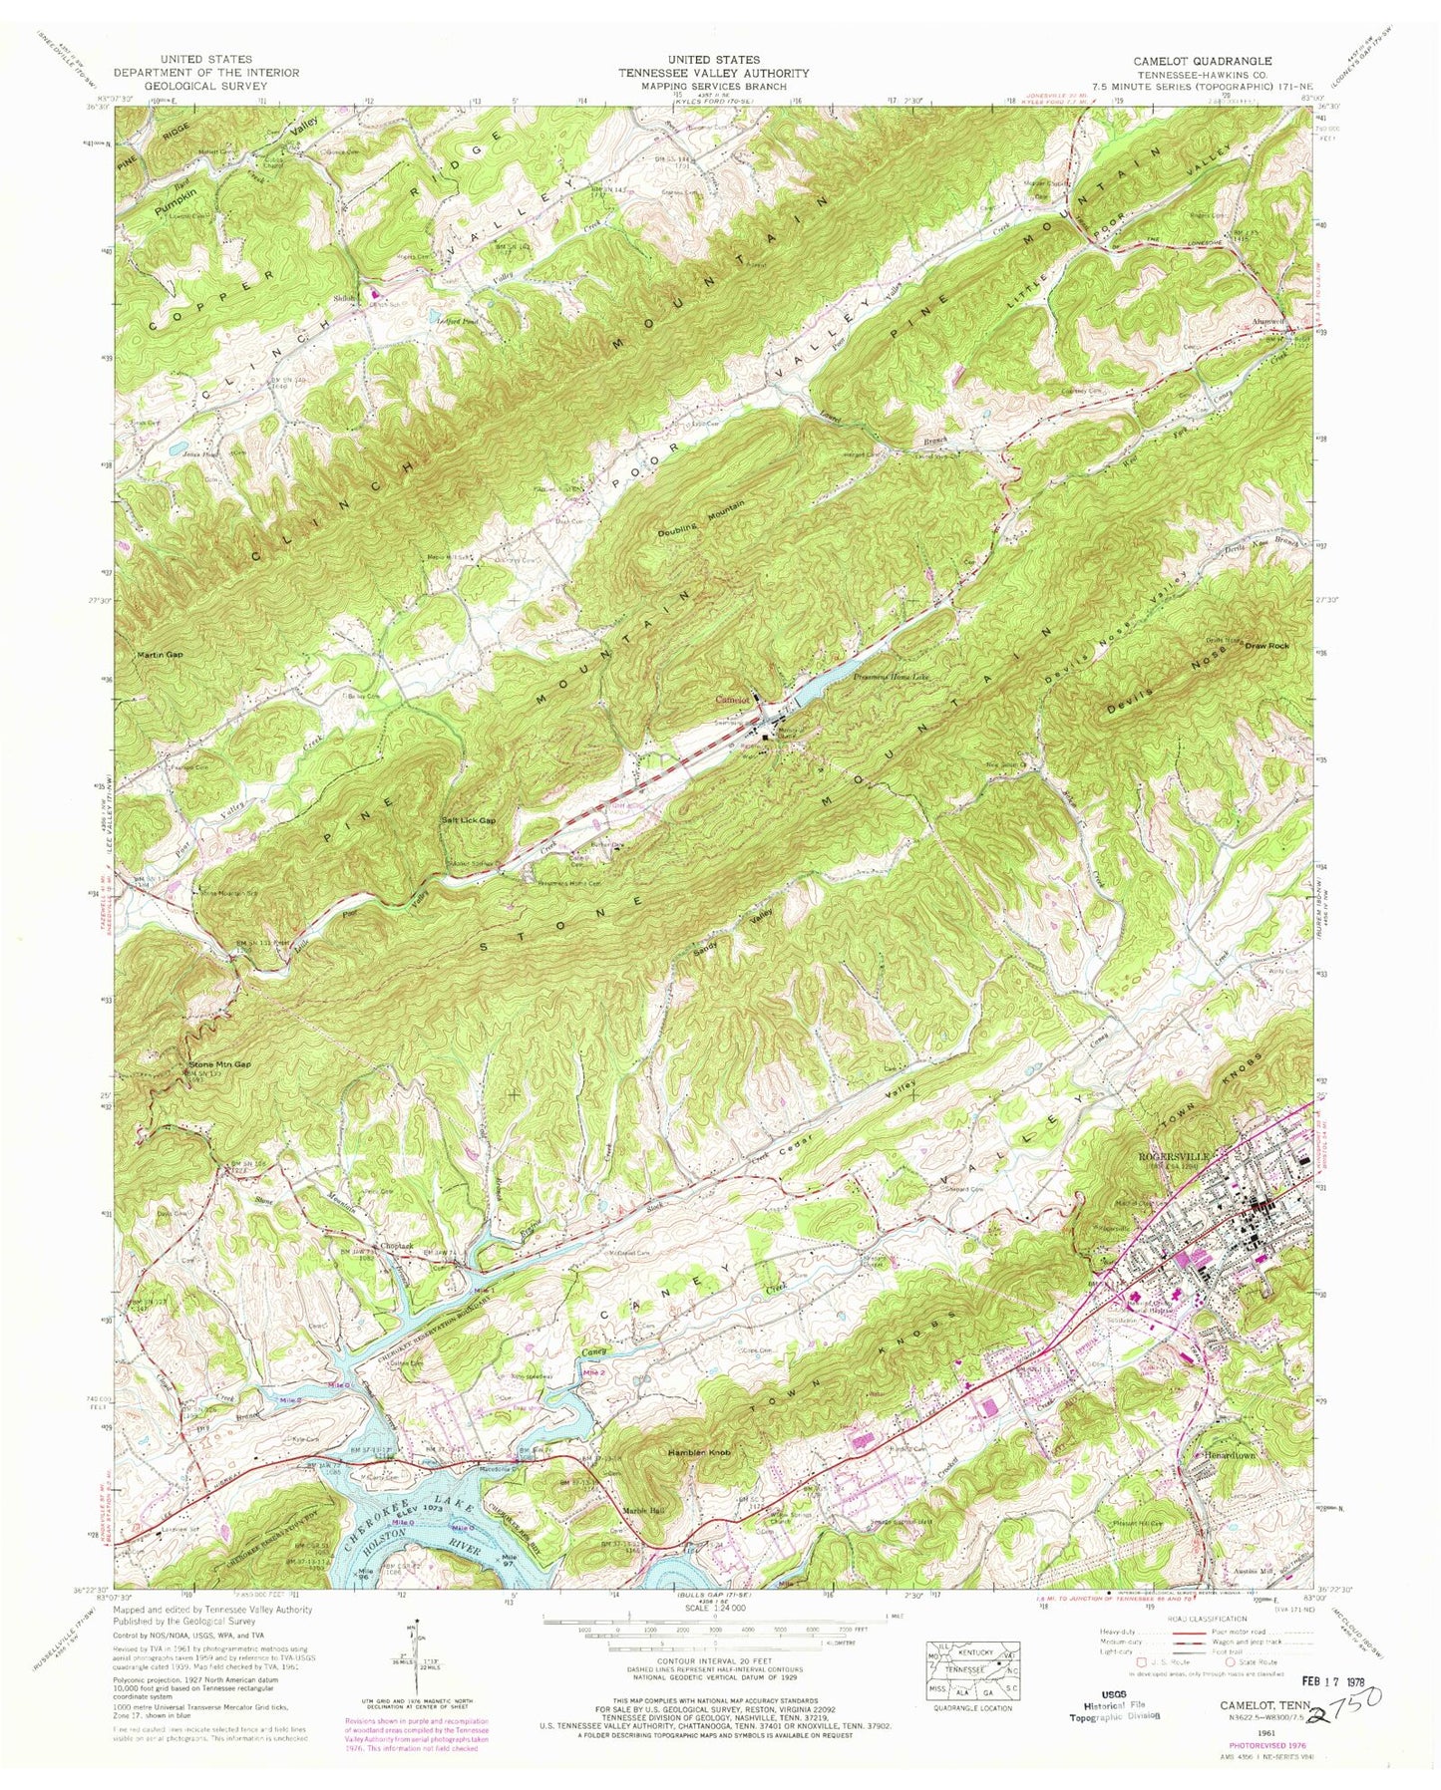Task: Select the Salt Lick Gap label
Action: [468, 819]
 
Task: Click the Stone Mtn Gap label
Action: [220, 1064]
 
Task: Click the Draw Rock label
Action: [1266, 646]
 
